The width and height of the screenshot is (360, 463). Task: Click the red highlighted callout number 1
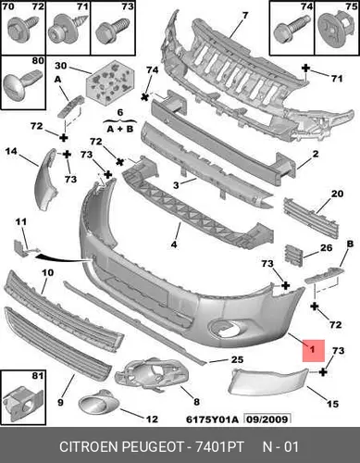313,349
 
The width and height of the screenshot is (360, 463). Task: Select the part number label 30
61,66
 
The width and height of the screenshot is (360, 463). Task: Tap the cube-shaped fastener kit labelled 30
110,81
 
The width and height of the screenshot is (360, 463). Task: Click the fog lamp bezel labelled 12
99,402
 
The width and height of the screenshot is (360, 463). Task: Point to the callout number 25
237,359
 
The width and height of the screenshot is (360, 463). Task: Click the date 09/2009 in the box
267,419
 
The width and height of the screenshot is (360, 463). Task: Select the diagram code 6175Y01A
212,419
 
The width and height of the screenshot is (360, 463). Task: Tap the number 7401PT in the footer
219,446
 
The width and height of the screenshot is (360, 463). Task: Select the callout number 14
11,151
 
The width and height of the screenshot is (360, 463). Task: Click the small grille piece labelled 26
293,255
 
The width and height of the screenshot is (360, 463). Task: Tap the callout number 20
337,194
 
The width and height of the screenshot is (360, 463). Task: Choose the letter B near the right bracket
350,244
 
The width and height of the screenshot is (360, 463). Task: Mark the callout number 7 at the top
245,15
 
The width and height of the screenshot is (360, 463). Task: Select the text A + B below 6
120,129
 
